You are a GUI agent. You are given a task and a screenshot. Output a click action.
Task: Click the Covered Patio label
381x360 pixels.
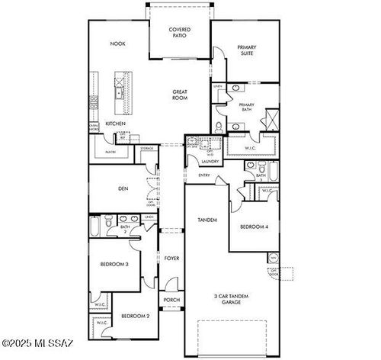180,32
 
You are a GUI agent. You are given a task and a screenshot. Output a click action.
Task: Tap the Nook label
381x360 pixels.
117,43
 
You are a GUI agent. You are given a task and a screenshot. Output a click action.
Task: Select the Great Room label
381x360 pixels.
180,95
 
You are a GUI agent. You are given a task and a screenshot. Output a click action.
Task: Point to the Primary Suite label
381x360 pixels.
247,50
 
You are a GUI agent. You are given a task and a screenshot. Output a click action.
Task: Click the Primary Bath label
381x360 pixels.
246,107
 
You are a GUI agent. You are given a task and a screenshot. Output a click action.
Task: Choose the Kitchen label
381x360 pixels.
116,124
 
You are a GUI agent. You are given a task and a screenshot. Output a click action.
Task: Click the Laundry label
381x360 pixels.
211,161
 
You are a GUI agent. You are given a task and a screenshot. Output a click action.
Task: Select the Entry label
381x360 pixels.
204,175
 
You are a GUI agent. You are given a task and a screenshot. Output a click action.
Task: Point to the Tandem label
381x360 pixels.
207,220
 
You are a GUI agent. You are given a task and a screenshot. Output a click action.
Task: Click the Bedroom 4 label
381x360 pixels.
255,227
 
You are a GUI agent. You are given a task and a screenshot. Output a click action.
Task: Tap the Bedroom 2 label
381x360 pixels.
135,315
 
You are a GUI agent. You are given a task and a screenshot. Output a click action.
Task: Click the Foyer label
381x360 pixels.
171,259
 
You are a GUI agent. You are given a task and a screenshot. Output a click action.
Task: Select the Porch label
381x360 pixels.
171,300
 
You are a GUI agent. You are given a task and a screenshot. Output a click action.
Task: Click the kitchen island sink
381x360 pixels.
120,93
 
